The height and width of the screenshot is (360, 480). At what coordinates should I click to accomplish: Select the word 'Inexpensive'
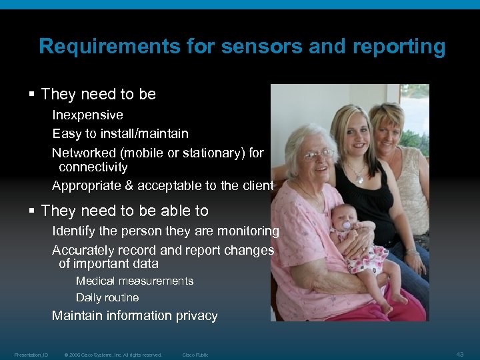[x=87, y=115]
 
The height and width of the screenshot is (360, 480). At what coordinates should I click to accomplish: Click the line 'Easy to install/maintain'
[x=120, y=134]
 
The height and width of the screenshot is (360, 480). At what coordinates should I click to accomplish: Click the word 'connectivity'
[x=93, y=167]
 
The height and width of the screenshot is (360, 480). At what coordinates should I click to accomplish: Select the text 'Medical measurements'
[x=134, y=281]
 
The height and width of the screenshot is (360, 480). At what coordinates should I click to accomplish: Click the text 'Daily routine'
[x=107, y=297]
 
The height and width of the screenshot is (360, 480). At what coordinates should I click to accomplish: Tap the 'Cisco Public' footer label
[x=195, y=355]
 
